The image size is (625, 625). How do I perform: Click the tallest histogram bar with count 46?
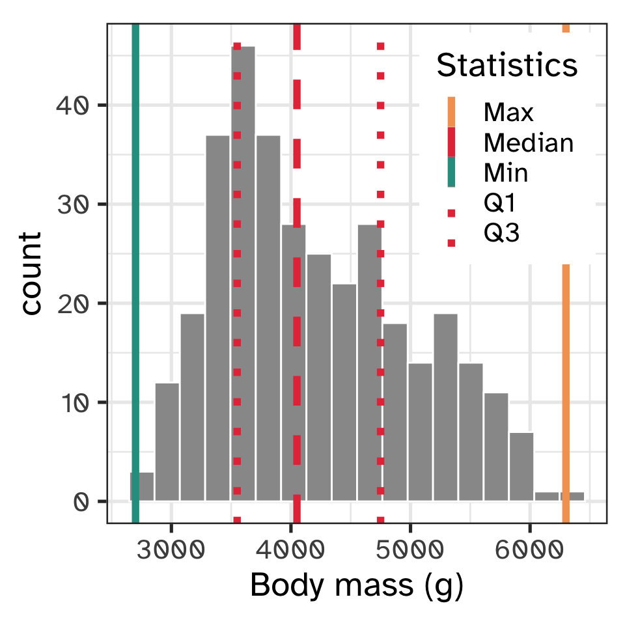coord(243,273)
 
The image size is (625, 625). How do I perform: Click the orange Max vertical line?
coord(566,391)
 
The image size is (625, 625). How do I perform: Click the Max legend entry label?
coord(508,113)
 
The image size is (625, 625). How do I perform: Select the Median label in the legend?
coord(528,143)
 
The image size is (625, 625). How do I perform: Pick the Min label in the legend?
coord(506,173)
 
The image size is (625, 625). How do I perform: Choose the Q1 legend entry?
coord(500,203)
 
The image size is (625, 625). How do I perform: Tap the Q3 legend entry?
coord(501,233)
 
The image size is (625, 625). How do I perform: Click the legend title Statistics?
coord(507,66)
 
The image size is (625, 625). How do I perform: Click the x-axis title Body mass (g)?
coord(356,587)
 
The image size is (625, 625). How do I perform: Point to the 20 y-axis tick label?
coord(72,303)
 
